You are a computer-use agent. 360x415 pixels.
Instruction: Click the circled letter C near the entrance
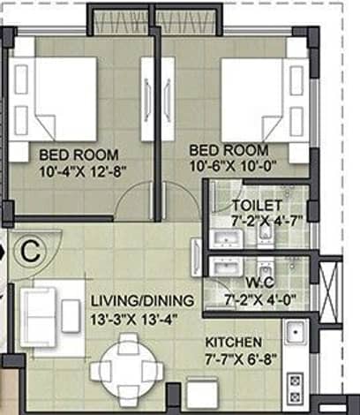31,251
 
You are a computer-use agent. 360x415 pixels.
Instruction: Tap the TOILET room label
258,205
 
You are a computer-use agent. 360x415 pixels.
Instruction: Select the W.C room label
260,283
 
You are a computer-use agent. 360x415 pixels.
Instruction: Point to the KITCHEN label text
233,343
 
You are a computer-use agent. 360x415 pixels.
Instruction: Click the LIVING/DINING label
142,301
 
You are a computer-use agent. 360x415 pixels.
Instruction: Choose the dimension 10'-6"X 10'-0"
233,167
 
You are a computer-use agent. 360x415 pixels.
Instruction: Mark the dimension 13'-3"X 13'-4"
134,320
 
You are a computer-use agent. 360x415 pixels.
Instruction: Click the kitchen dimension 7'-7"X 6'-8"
241,359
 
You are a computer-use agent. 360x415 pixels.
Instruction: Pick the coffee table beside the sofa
71,316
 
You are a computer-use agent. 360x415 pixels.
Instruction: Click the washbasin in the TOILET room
227,238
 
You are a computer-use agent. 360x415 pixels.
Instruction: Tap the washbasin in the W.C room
227,267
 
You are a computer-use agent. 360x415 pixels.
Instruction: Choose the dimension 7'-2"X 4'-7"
266,221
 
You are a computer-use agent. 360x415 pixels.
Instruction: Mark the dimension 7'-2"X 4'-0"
260,300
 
